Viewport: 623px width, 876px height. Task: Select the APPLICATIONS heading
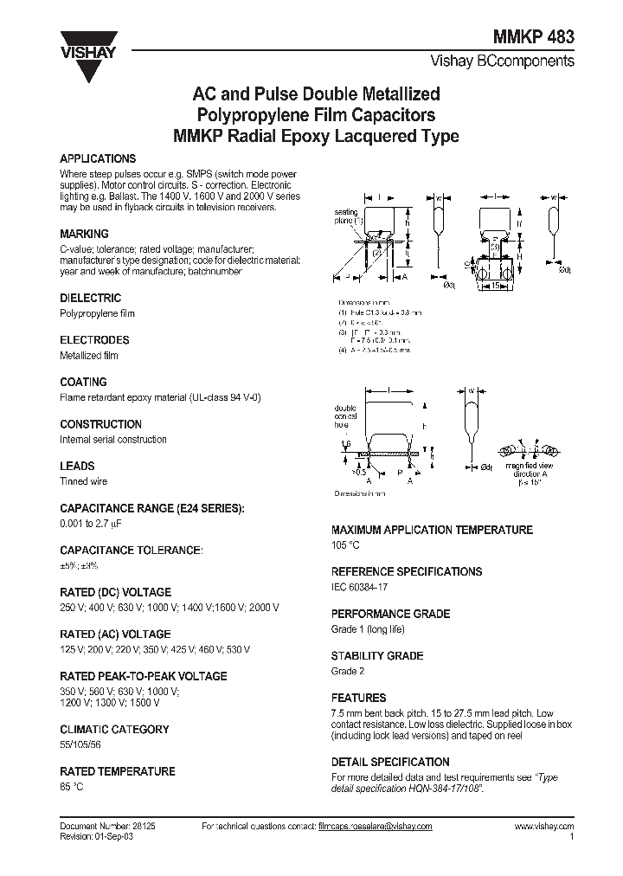98,159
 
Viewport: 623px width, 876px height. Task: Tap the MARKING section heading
84,234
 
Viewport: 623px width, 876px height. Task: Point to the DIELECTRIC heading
90,298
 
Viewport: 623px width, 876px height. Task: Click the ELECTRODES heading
94,340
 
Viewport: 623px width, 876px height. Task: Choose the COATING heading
83,382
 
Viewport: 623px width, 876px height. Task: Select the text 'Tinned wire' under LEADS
83,480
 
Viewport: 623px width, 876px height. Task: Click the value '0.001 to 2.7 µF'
95,523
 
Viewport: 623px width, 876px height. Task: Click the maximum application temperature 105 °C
345,544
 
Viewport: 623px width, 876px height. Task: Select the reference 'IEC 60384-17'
360,587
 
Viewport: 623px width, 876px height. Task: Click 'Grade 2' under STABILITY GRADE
348,671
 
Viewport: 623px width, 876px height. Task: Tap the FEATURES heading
358,698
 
